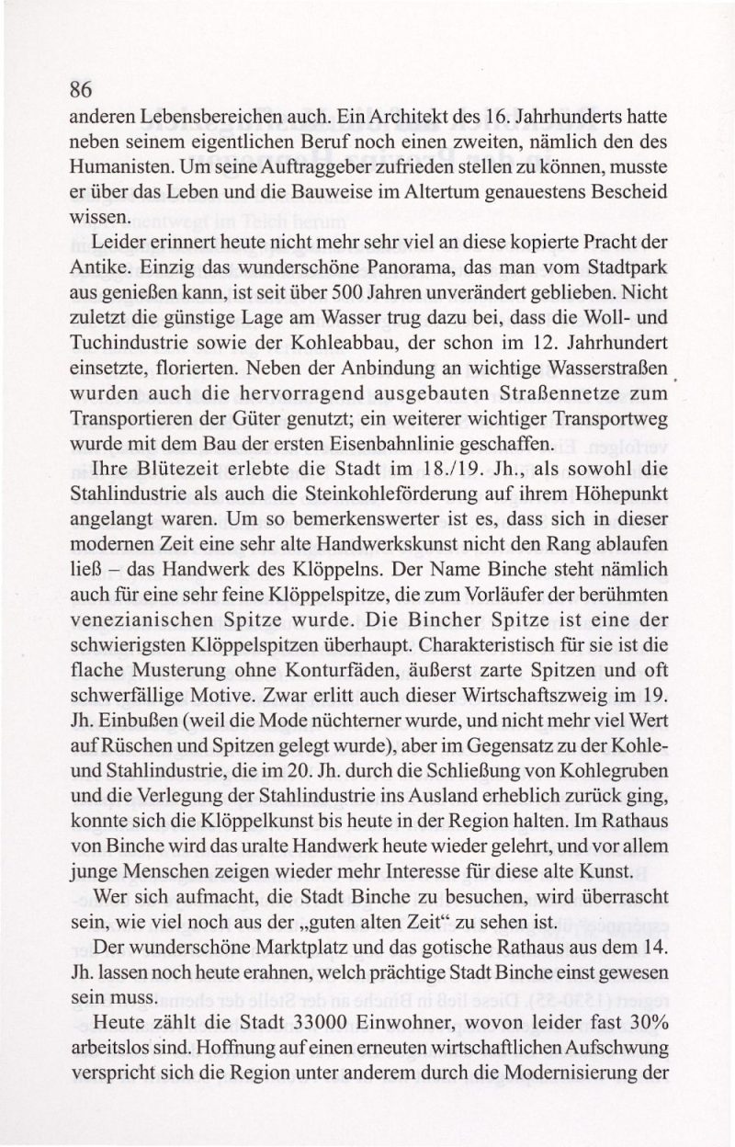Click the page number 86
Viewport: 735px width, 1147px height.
click(x=81, y=90)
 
